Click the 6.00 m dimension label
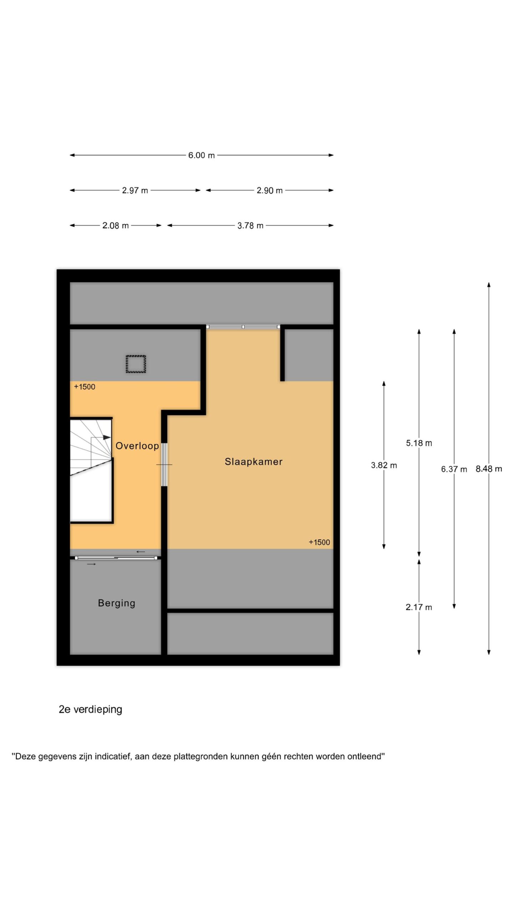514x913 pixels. [x=201, y=155]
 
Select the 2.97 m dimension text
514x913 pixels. [x=135, y=190]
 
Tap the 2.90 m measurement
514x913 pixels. [x=269, y=190]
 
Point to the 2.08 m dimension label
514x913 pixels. [x=115, y=225]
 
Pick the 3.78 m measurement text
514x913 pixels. [x=250, y=225]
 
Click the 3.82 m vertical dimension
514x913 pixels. [x=384, y=465]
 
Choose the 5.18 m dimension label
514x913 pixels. [x=419, y=443]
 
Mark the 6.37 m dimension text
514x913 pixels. [x=454, y=469]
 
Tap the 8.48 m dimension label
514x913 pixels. [x=489, y=469]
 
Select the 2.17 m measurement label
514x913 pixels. [x=419, y=607]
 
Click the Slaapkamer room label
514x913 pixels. [x=253, y=461]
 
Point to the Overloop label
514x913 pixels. [x=137, y=446]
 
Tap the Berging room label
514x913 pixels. [x=116, y=603]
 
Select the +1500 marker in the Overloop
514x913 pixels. [x=85, y=387]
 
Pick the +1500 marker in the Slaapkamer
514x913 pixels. [x=319, y=542]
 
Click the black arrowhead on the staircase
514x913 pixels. [x=107, y=437]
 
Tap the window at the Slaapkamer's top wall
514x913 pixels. [x=243, y=327]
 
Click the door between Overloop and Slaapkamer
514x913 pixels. [x=164, y=465]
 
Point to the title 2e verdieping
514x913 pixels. [x=90, y=709]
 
